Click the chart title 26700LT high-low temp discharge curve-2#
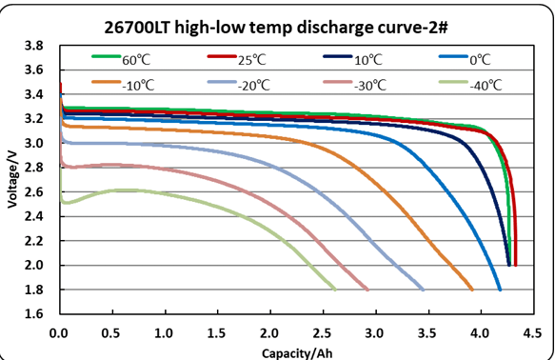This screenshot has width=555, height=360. [276, 28]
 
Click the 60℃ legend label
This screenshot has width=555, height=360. [136, 60]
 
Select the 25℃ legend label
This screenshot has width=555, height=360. [251, 60]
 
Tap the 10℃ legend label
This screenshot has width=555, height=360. [368, 60]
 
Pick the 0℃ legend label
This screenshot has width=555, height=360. [480, 60]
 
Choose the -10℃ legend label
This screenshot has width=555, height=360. [138, 86]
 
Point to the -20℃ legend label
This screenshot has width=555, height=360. [254, 86]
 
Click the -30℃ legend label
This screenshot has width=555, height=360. [370, 86]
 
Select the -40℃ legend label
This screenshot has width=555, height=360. [486, 86]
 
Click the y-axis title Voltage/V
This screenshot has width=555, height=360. [12, 179]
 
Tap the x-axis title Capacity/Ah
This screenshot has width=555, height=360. [297, 353]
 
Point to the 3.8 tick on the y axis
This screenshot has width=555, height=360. [33, 46]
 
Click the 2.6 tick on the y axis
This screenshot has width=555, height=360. [33, 191]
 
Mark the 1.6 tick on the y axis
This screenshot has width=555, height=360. [33, 313]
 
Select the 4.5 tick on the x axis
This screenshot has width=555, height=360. [532, 333]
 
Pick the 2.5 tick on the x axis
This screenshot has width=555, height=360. [323, 333]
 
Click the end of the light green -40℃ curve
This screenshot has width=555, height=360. [335, 290]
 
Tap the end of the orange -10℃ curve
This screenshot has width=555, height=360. [472, 290]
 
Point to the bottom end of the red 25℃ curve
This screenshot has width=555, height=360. [515, 265]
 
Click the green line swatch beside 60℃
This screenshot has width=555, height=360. [106, 56]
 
